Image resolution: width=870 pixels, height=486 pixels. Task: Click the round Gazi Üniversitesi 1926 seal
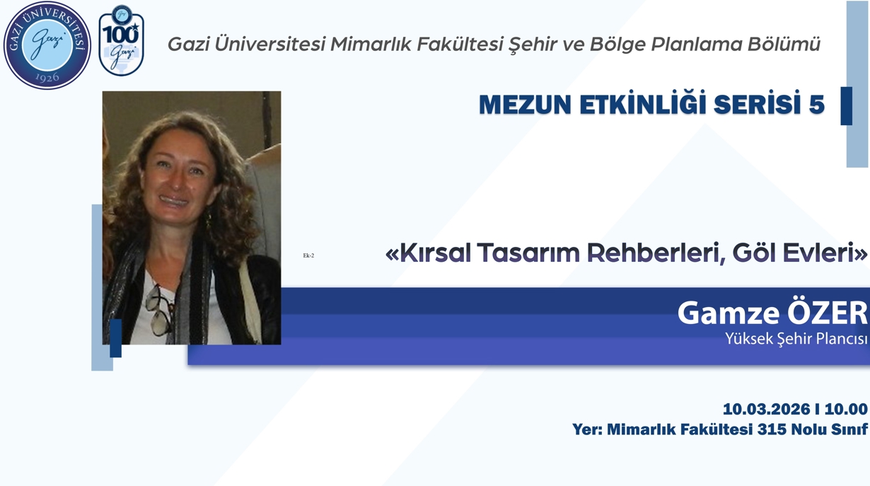click(x=47, y=45)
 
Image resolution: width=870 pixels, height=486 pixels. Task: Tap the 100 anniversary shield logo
click(x=121, y=41)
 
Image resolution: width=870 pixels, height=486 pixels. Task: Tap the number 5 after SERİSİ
click(x=817, y=105)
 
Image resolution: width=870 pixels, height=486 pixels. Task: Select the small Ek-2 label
click(x=308, y=255)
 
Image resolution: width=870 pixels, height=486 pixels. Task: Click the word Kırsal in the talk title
click(x=432, y=253)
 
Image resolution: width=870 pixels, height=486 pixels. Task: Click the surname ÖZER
click(x=828, y=313)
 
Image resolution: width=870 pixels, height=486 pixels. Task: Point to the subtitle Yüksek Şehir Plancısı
click(x=796, y=340)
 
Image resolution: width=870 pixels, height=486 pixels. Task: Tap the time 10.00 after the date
click(x=846, y=409)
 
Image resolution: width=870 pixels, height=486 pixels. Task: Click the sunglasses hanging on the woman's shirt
click(x=158, y=311)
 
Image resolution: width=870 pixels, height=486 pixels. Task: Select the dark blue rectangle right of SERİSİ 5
click(x=846, y=105)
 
